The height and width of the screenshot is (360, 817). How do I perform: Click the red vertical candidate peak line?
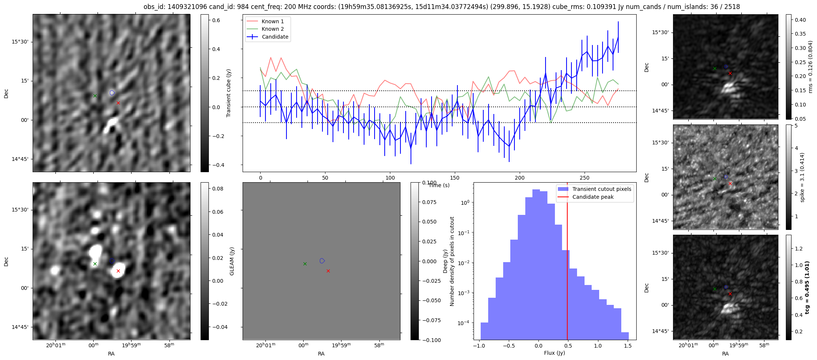tap(567, 262)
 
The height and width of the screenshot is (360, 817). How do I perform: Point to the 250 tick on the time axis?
tap(585, 178)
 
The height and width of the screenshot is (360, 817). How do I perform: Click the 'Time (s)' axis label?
tap(439, 185)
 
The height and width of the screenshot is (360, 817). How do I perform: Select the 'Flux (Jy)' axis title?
tap(554, 353)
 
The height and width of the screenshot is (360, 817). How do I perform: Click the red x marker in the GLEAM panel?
tap(328, 271)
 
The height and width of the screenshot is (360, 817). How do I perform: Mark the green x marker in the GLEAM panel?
tap(305, 264)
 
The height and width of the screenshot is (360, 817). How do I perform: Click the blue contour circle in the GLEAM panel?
tap(322, 261)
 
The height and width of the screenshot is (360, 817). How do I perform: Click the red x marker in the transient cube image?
tap(118, 103)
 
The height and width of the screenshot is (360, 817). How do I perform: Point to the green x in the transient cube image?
tap(95, 96)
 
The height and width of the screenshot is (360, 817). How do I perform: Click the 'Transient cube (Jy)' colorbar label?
tap(228, 93)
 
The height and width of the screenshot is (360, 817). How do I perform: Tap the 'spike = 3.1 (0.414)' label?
tap(802, 177)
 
